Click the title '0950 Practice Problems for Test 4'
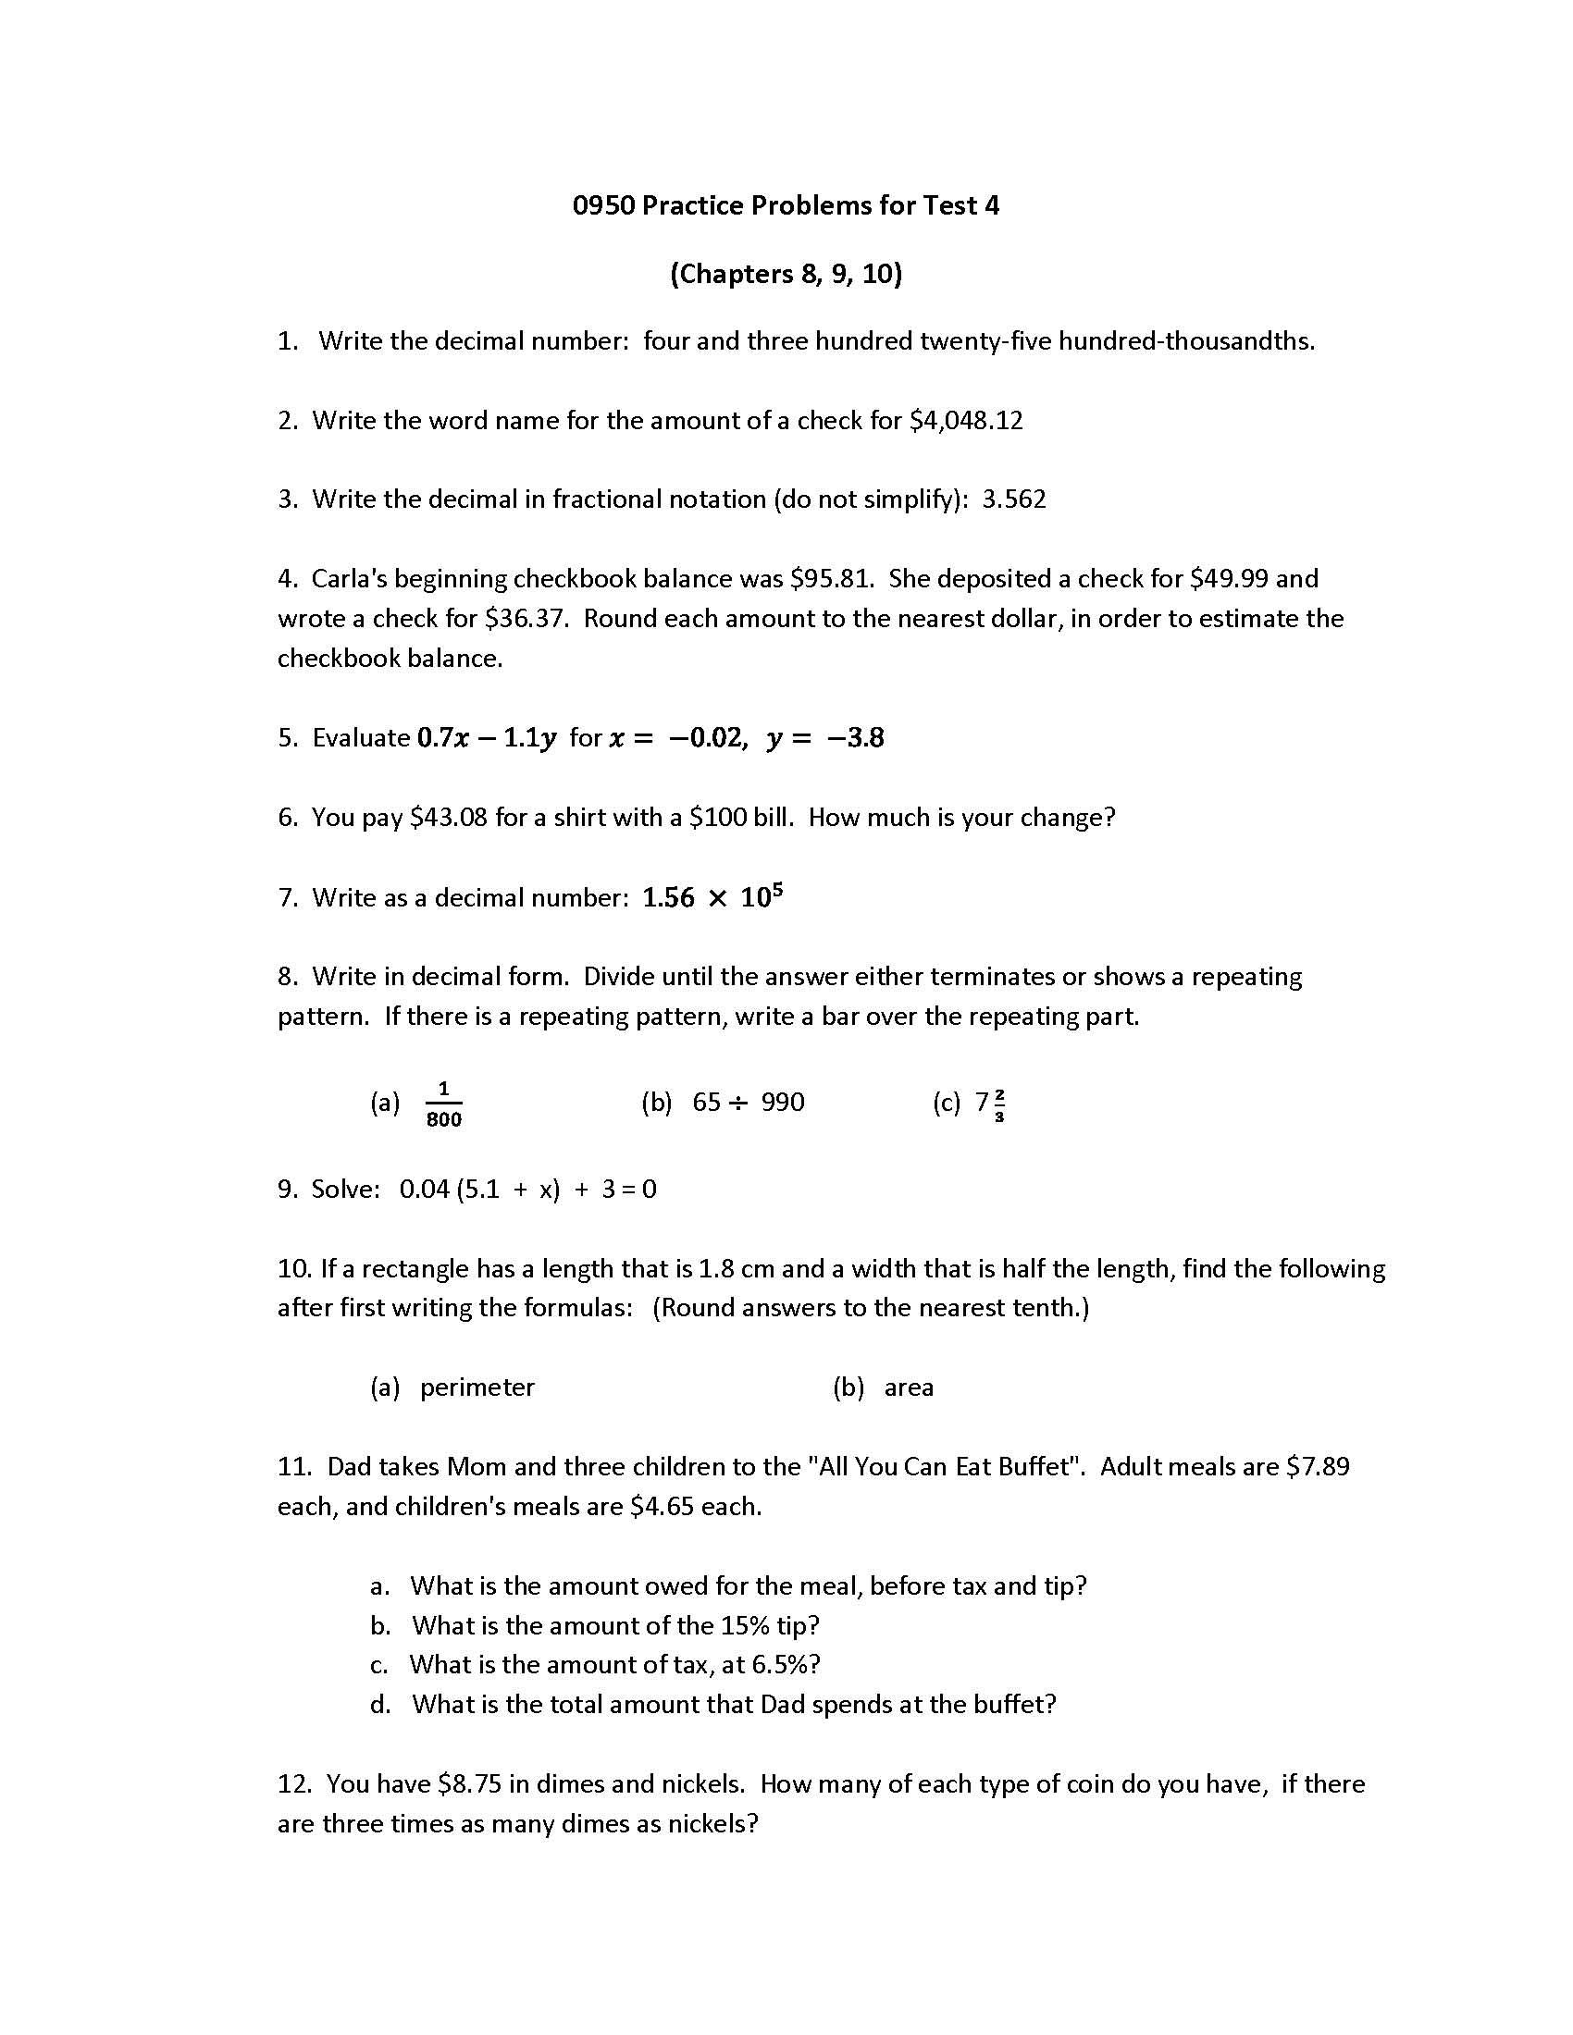coord(786,205)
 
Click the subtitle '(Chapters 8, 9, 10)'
coord(786,274)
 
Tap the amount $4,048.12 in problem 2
coord(966,420)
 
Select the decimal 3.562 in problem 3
coord(1014,499)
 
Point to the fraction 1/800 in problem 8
coord(443,1104)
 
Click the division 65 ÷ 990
coord(749,1103)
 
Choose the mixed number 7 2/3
coord(990,1104)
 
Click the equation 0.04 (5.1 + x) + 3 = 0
coord(527,1189)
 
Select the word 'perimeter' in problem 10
coord(477,1387)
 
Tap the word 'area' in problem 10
coord(909,1387)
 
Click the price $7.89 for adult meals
coord(1318,1467)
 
